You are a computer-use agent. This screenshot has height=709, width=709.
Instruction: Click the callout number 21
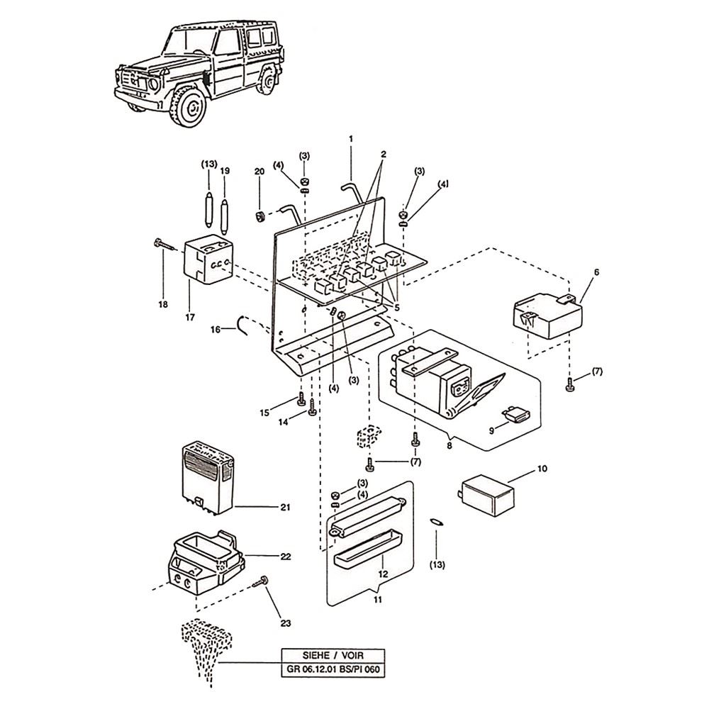tap(285, 507)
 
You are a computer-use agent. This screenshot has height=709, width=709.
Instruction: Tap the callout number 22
tap(285, 557)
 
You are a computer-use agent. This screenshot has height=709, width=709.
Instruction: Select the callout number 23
tap(285, 623)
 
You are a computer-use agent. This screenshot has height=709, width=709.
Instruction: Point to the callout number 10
tap(542, 469)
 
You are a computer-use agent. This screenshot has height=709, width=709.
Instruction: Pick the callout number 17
tap(190, 317)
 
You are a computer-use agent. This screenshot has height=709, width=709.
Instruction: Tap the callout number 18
tap(162, 304)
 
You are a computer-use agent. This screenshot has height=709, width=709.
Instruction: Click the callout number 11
tap(378, 599)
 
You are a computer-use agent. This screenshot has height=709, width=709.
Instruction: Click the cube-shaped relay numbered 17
tap(206, 264)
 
